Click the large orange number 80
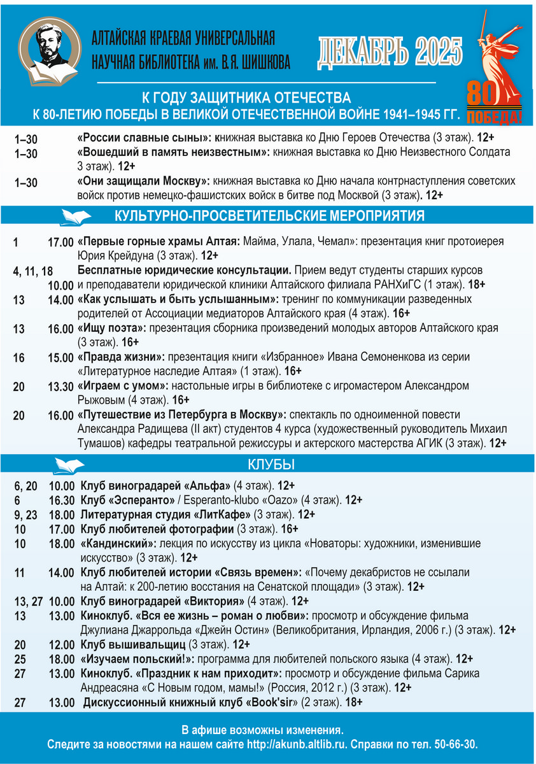tap(484, 94)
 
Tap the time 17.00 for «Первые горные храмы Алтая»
tap(60, 243)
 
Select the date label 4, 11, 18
tap(32, 271)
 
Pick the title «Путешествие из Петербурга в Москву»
tap(182, 415)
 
